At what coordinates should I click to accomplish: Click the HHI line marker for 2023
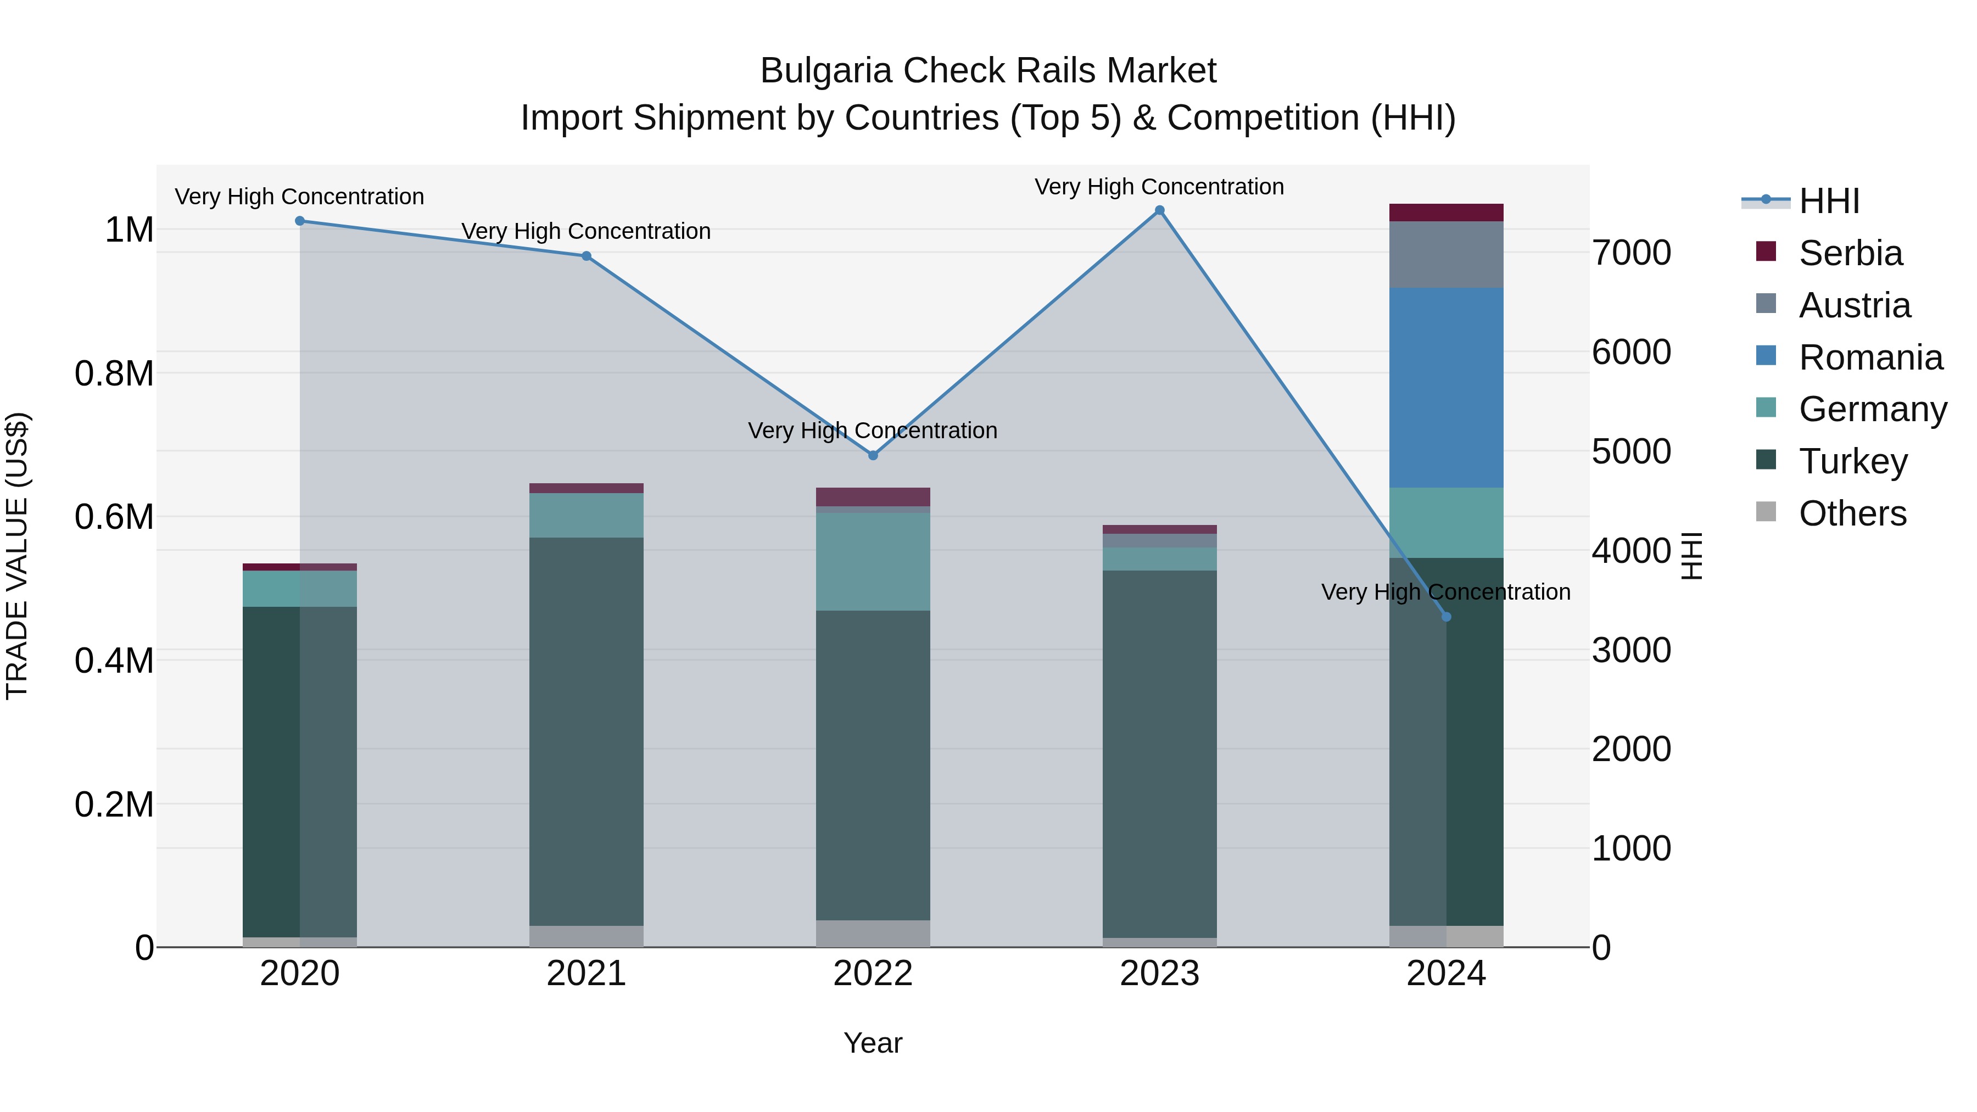1160,210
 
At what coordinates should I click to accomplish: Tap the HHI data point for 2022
873,455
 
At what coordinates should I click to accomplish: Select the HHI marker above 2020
300,221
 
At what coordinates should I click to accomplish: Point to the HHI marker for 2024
1447,616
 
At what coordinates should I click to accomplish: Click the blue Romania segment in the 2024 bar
1447,388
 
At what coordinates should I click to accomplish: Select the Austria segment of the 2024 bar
1447,254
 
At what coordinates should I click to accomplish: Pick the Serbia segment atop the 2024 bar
1447,213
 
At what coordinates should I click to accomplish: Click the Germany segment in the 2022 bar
873,561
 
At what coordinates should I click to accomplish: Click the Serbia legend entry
1850,253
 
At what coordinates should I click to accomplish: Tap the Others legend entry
1852,513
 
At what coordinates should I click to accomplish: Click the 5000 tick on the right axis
1631,451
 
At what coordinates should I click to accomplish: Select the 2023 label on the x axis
1160,974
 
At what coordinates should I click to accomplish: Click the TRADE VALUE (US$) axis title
17,556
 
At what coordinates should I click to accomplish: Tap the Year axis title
873,1043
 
